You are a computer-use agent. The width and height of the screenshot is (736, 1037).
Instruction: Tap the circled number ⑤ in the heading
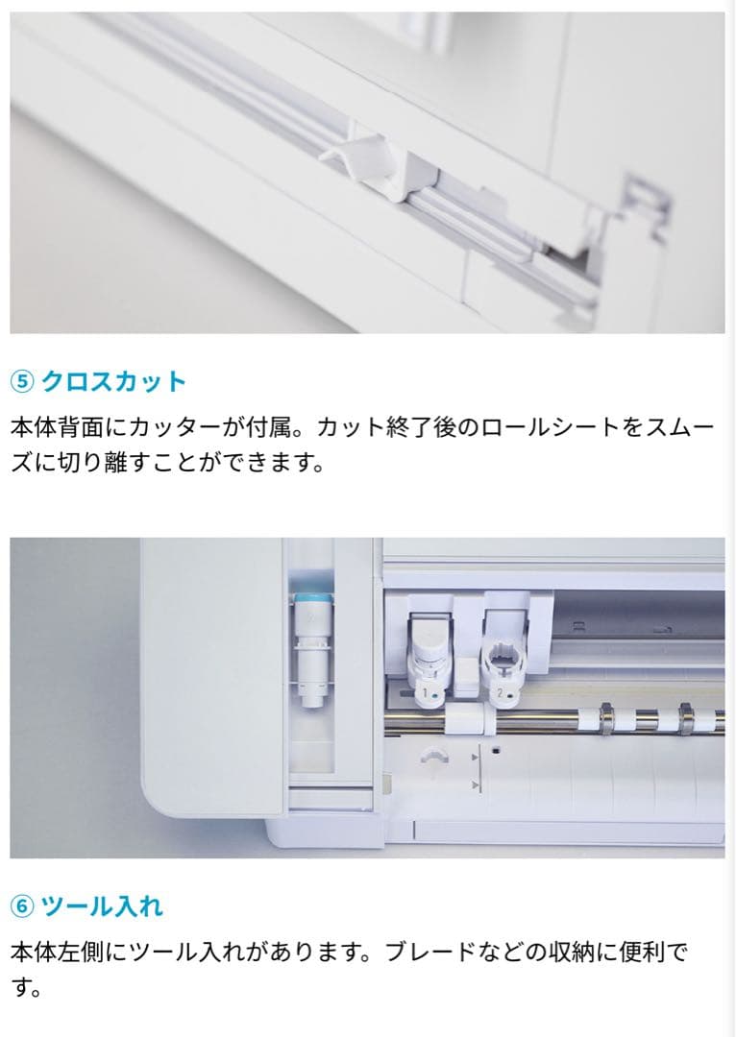coord(21,381)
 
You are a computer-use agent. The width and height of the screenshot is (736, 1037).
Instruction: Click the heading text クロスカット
coord(113,381)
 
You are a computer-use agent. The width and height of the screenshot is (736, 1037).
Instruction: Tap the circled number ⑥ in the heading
coord(21,905)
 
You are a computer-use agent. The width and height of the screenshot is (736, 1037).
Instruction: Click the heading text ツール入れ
coord(102,905)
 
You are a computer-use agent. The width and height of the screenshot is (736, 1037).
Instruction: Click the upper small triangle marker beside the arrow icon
coord(475,758)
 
